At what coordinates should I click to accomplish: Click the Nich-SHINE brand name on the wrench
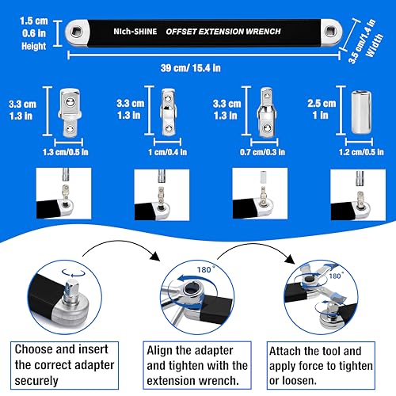coord(135,32)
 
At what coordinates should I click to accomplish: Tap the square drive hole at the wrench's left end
coord(77,32)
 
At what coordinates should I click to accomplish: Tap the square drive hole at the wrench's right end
coord(329,32)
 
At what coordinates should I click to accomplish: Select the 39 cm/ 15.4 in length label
coord(191,68)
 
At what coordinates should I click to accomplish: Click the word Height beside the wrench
coord(34,46)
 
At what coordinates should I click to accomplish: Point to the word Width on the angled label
coord(375,45)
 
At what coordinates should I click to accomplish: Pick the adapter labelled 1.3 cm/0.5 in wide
coord(70,112)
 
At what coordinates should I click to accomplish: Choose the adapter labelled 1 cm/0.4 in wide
coord(168,112)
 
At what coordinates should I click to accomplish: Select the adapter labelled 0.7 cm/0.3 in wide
coord(267,112)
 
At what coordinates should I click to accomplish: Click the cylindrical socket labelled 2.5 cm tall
coord(361,112)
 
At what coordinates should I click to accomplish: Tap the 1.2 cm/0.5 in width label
coord(361,152)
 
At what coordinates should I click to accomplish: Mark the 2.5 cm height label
coord(322,103)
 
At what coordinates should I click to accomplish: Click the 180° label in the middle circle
coord(205,269)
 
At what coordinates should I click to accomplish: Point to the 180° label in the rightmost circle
coord(336,276)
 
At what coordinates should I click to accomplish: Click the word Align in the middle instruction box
coord(159,351)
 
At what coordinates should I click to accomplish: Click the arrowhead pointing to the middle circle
coord(155,256)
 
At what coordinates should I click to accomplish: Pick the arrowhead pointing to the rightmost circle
coord(290,259)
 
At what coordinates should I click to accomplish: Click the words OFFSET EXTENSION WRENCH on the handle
coord(223,32)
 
